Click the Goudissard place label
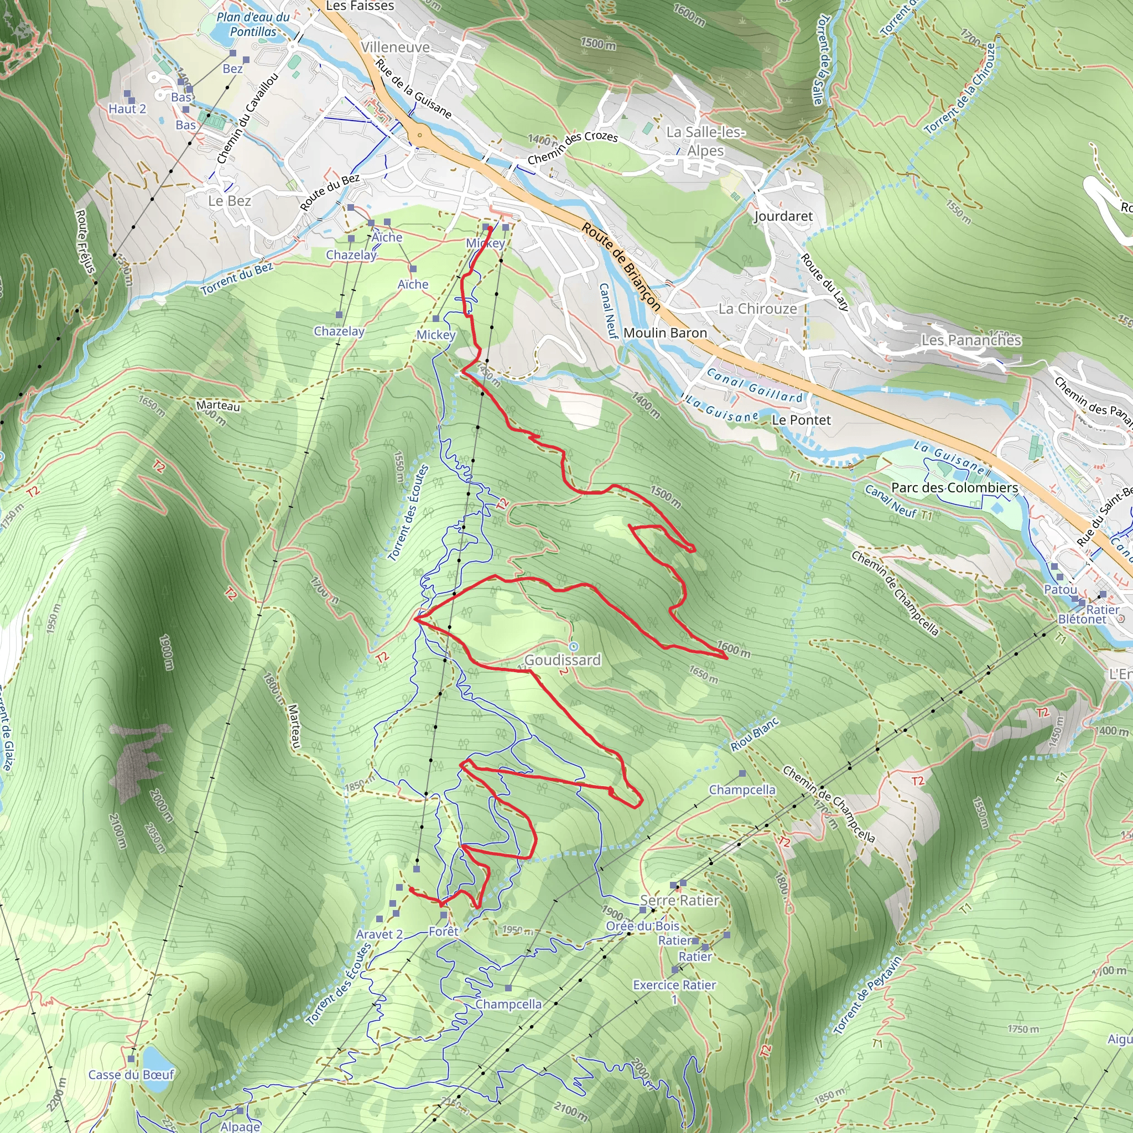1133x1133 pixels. click(x=563, y=660)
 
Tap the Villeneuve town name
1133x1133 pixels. click(x=395, y=47)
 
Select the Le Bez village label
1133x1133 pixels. click(x=229, y=201)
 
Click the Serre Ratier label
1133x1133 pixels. click(x=679, y=900)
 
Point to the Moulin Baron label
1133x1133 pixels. click(x=665, y=332)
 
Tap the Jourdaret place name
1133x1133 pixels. click(x=783, y=216)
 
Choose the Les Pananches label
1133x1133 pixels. click(x=971, y=340)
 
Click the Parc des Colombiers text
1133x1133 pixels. click(x=954, y=487)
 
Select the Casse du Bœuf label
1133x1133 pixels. click(x=131, y=1074)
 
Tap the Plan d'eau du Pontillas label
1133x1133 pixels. click(x=253, y=24)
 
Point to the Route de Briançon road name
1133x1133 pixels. click(x=621, y=266)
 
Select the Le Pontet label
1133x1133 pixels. click(x=801, y=420)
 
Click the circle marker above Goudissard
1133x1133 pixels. click(x=574, y=646)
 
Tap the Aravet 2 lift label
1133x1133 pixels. click(x=380, y=934)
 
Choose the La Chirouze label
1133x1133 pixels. click(x=758, y=309)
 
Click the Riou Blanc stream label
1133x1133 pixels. click(x=755, y=735)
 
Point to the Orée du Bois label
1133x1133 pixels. click(x=643, y=926)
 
